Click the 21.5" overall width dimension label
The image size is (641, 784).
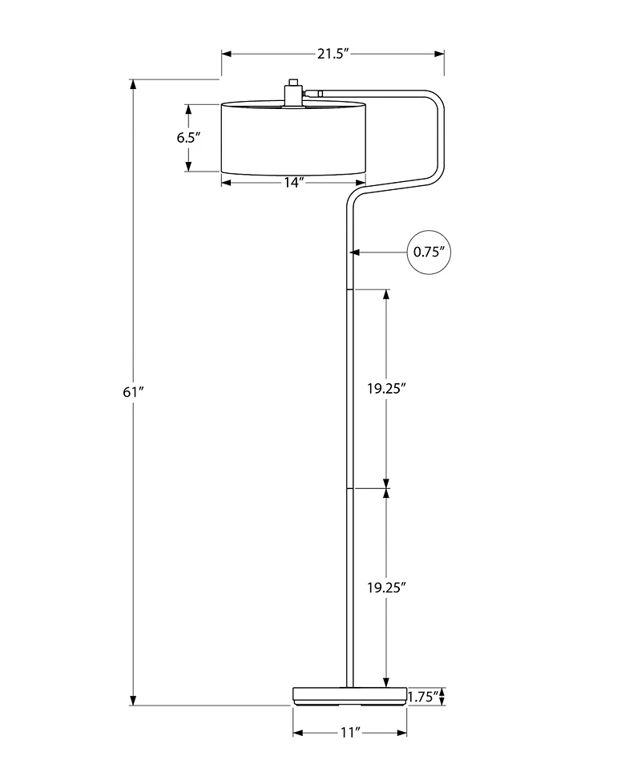point(333,54)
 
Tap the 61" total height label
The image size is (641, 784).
point(133,392)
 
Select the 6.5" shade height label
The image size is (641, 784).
point(188,137)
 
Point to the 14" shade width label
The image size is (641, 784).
point(292,183)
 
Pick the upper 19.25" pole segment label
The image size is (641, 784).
point(387,388)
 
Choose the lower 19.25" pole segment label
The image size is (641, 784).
point(387,587)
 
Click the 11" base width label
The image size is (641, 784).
point(349,733)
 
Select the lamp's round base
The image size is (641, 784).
point(349,696)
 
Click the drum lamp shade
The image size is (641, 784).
point(292,138)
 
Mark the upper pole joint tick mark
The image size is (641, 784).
point(349,289)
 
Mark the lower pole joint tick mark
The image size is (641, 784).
point(349,487)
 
